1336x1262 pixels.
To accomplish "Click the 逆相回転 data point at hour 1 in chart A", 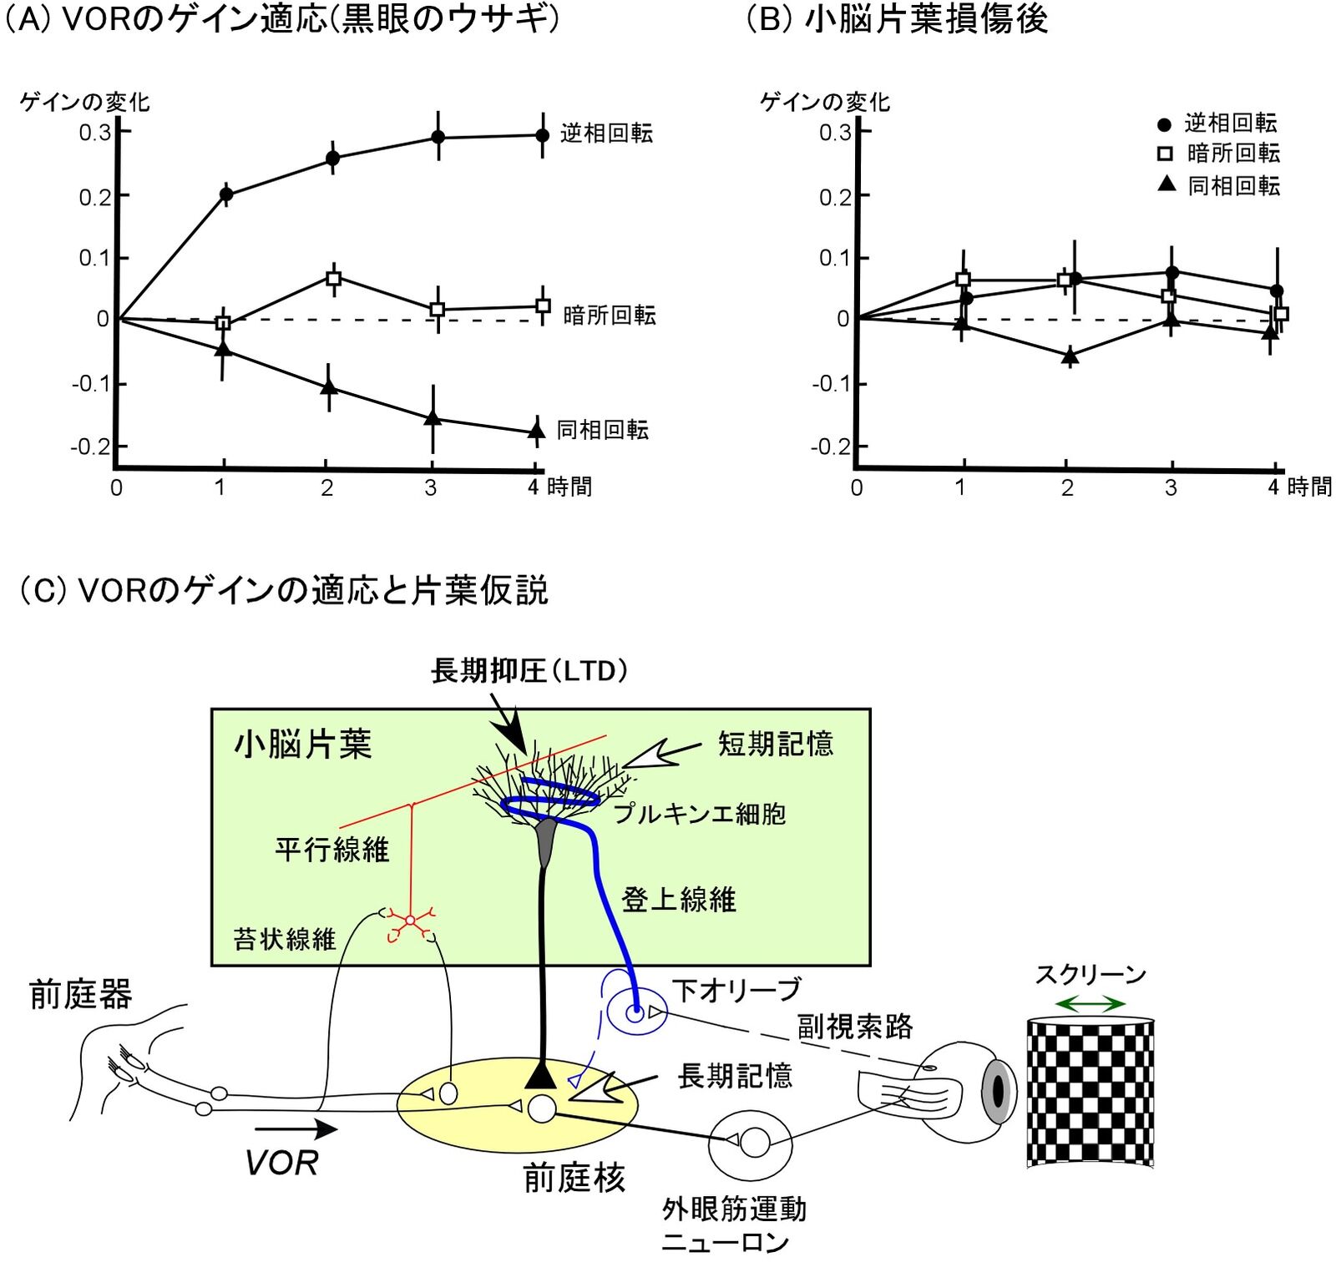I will pos(225,194).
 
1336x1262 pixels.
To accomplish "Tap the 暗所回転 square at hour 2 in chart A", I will pos(333,278).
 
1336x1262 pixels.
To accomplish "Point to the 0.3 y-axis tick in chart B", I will pos(835,133).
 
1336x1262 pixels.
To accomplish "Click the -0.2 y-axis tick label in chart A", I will pos(90,447).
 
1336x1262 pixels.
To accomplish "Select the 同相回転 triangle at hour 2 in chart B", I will pos(1070,356).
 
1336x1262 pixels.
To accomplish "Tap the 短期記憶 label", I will pos(776,744).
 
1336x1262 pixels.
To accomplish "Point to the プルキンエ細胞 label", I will pos(699,814).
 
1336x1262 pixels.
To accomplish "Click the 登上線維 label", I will pos(679,900).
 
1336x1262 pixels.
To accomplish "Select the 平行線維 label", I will pos(332,850).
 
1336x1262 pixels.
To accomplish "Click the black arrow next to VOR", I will pos(296,1129).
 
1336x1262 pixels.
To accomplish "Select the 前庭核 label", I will pos(574,1178).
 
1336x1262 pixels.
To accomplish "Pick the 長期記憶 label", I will pos(735,1076).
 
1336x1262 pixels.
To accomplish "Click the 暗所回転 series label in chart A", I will pos(610,315).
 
